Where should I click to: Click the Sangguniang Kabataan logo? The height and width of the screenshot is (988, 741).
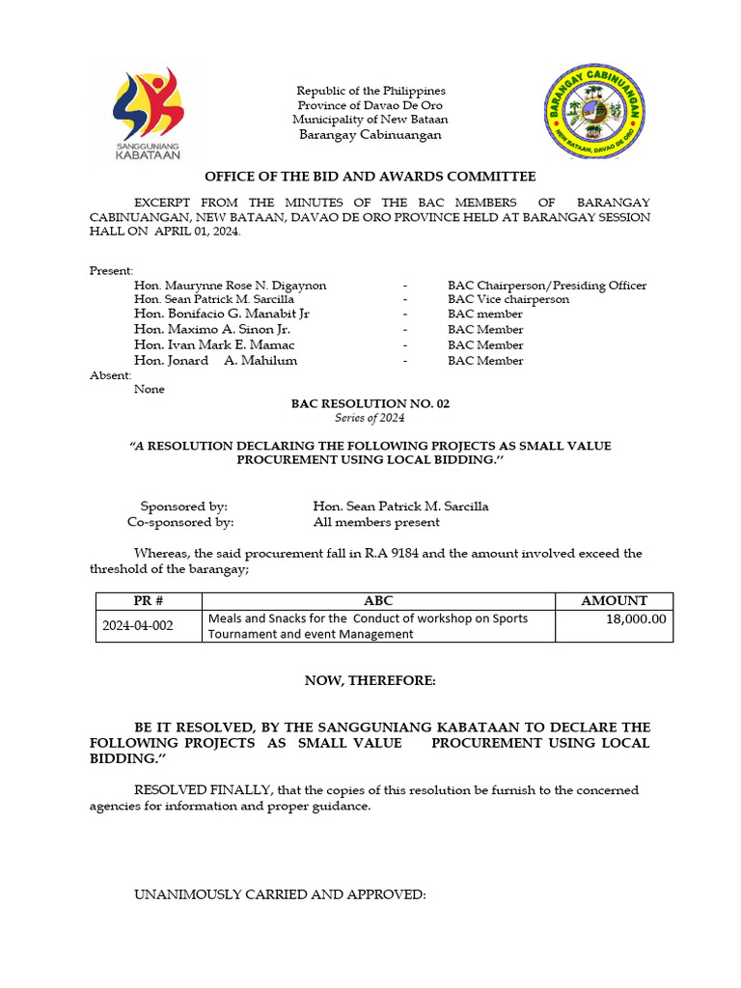tap(148, 114)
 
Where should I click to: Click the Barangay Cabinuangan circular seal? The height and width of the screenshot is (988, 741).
tap(593, 113)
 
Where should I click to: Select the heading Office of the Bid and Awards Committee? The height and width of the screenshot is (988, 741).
tap(369, 177)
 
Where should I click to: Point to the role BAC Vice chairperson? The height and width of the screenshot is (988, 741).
tap(508, 299)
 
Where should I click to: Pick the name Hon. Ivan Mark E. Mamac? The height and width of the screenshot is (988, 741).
tap(215, 344)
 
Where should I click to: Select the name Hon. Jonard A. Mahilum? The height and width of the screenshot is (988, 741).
tap(216, 360)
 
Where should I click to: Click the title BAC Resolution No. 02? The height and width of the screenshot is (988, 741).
tap(370, 403)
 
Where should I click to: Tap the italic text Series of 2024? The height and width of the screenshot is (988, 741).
tap(370, 418)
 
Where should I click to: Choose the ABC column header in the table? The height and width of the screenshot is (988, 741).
tap(378, 600)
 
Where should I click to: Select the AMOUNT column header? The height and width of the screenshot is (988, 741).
tap(614, 600)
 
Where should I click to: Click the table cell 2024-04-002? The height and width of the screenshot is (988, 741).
tap(138, 625)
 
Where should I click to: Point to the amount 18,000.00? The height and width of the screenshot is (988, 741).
tap(636, 618)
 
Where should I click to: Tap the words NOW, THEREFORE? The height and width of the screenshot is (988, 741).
tap(370, 681)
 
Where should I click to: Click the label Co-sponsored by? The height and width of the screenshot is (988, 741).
tap(180, 522)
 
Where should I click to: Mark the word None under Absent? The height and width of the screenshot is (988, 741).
tap(150, 389)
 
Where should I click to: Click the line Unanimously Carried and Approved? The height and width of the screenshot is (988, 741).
tap(280, 894)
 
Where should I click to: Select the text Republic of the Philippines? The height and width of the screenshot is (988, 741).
tap(370, 91)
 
